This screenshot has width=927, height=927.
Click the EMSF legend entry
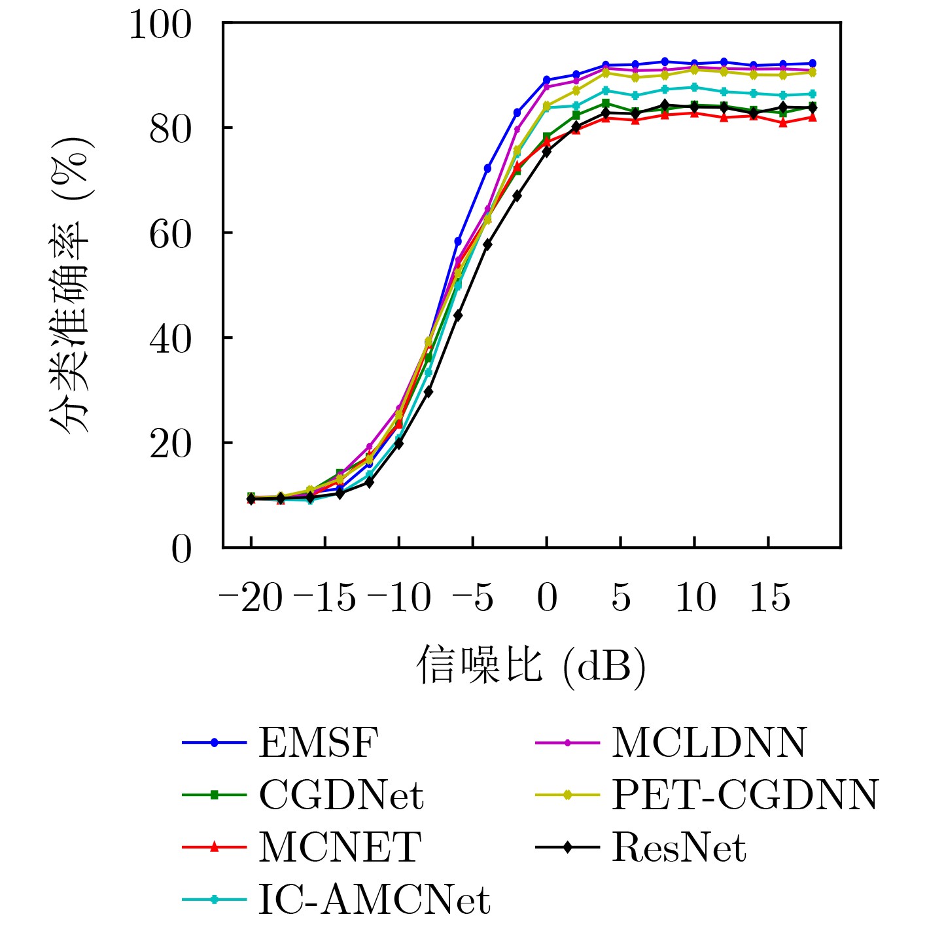tap(319, 743)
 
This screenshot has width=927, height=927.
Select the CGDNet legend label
tap(341, 795)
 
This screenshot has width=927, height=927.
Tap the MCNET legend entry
tap(339, 847)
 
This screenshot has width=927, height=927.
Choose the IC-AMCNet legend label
tap(374, 900)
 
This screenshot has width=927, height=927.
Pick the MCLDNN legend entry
tap(708, 743)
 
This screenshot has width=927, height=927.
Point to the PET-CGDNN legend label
tap(744, 795)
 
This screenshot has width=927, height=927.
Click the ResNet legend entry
tap(678, 847)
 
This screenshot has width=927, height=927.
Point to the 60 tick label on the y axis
tap(171, 234)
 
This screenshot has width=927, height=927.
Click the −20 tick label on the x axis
tap(251, 599)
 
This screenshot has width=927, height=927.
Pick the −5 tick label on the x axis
tap(472, 599)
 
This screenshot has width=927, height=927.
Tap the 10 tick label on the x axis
tap(695, 599)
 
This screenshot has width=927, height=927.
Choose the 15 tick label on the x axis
tap(769, 599)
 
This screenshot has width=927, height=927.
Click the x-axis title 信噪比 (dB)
tap(531, 667)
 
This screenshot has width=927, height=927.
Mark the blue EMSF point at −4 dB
tap(487, 168)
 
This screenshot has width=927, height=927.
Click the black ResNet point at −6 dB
tap(458, 315)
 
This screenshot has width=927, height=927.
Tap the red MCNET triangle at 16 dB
tap(783, 122)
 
